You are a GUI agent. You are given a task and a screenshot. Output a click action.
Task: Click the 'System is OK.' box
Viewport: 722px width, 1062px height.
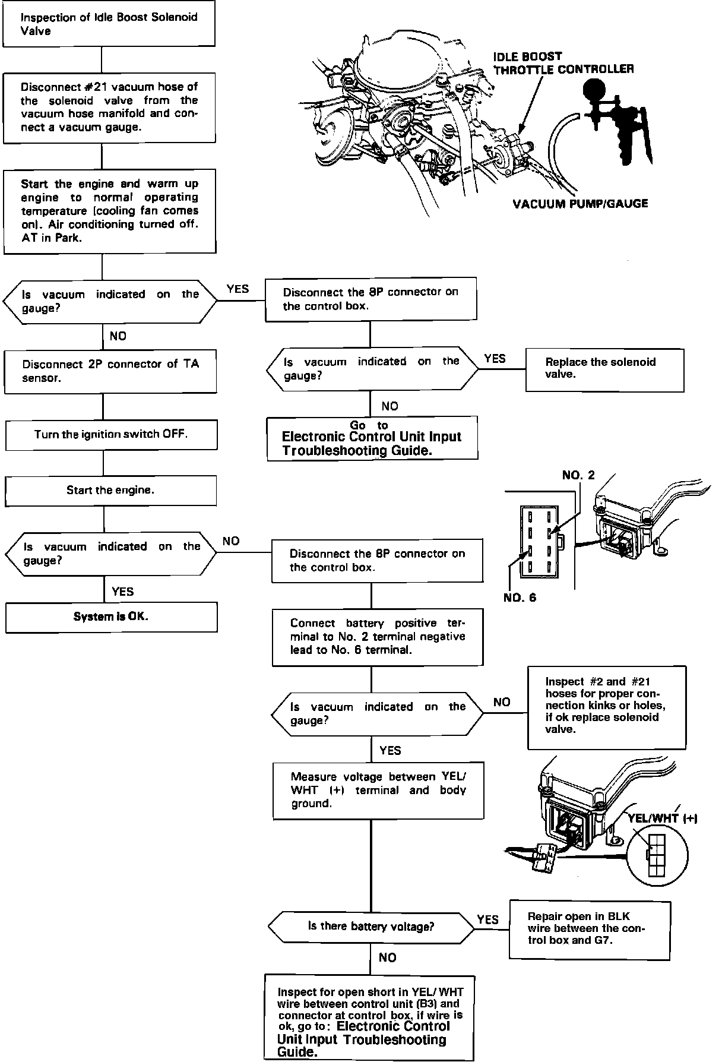coord(111,617)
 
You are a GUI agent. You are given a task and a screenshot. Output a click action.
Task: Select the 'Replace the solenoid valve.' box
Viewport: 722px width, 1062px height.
coord(604,369)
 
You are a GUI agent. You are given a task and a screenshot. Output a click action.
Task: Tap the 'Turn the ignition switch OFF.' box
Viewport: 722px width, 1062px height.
coord(111,435)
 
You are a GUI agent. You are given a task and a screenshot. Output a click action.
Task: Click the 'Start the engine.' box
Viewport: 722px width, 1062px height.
coord(110,491)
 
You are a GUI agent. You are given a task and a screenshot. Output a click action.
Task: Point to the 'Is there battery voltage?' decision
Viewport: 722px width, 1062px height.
coord(371,926)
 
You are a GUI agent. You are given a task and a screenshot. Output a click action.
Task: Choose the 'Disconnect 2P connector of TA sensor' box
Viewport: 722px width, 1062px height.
coord(110,372)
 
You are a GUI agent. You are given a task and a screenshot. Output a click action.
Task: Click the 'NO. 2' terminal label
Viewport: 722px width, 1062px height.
coord(578,475)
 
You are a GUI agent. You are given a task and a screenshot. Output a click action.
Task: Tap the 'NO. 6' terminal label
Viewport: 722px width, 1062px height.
coord(520,598)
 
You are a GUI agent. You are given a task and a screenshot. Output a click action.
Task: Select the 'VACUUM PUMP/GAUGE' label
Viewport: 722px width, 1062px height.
coord(580,204)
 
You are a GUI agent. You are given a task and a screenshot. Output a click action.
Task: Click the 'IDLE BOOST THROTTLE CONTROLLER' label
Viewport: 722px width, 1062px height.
coord(563,63)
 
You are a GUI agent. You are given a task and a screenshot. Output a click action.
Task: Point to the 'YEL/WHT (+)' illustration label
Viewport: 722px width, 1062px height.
coord(662,818)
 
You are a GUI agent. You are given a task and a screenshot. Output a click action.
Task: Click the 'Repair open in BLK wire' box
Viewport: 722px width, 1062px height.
coord(590,930)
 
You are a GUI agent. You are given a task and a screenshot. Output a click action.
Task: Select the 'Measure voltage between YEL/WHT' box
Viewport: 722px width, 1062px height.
coord(378,791)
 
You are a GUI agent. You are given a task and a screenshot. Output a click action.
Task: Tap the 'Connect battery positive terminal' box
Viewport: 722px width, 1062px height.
coord(378,637)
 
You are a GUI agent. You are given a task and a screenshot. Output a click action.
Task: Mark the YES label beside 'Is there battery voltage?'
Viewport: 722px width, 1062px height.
coord(487,919)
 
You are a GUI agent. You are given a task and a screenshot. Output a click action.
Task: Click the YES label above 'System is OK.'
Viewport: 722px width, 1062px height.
coord(122,592)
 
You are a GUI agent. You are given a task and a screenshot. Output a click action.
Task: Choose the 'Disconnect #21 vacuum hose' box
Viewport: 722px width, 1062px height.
coord(109,108)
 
